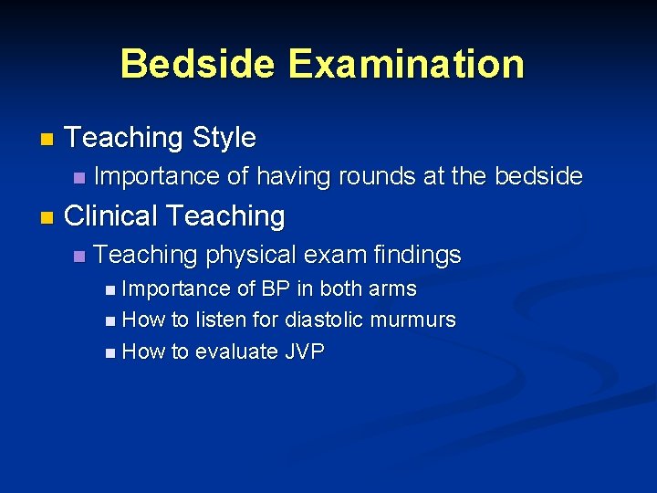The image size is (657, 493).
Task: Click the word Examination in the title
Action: pyautogui.click(x=406, y=64)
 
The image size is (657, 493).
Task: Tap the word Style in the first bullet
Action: pyautogui.click(x=224, y=138)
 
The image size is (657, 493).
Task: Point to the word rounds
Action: pyautogui.click(x=376, y=176)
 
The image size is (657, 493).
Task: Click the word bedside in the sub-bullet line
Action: pyautogui.click(x=536, y=176)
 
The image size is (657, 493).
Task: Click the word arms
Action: pyautogui.click(x=392, y=289)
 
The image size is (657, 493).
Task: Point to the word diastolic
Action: pyautogui.click(x=324, y=320)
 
